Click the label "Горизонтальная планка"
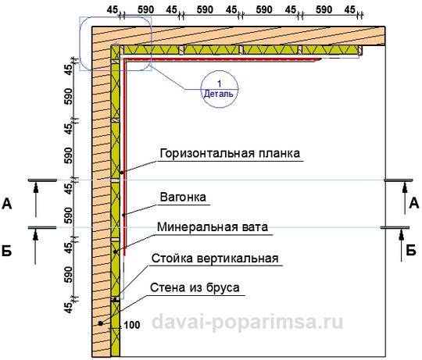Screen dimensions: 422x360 (x=230, y=153)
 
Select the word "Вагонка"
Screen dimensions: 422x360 (x=183, y=197)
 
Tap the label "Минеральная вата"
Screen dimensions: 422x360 (x=213, y=227)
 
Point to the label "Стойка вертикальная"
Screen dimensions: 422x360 (x=215, y=258)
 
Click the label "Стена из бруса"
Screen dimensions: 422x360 (x=195, y=287)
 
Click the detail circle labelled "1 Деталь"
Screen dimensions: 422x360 (x=220, y=89)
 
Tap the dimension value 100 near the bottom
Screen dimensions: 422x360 (x=132, y=325)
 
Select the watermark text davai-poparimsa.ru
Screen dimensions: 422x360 (x=247, y=321)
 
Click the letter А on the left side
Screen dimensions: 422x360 (x=7, y=204)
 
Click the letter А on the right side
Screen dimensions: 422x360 (x=414, y=203)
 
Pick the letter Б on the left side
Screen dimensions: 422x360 (x=7, y=251)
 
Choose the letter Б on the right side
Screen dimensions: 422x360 (x=411, y=251)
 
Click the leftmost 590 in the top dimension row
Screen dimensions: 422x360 (x=145, y=10)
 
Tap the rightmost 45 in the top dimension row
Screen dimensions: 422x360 (x=349, y=10)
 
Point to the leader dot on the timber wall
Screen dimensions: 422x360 (x=100, y=323)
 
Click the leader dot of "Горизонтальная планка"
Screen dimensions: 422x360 (x=122, y=173)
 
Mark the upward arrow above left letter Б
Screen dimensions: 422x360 (x=35, y=247)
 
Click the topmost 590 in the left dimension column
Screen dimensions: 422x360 (x=69, y=96)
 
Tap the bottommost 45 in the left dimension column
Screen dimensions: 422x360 (x=70, y=308)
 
